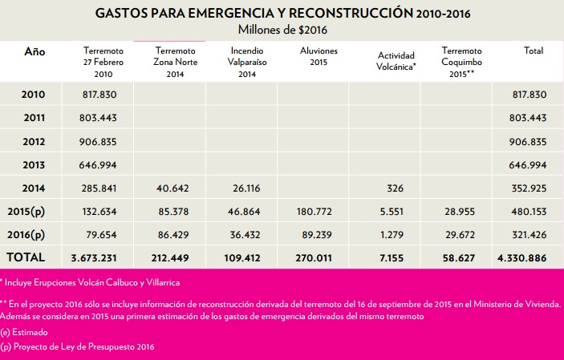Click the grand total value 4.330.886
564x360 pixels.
[522, 258]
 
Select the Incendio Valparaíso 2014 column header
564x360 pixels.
[247, 63]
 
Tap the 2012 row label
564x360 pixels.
[34, 142]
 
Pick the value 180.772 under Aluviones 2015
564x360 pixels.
[314, 212]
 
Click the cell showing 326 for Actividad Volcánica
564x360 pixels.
[395, 188]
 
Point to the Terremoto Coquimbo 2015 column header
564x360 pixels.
[461, 63]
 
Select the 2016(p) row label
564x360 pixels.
[26, 235]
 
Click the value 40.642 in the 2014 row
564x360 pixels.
[172, 188]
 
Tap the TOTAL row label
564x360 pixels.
[26, 257]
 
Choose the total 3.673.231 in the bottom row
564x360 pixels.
[94, 258]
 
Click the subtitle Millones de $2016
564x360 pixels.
[282, 30]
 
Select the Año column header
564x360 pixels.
[34, 51]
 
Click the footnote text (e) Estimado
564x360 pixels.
[24, 332]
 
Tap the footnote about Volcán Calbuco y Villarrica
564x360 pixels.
[90, 283]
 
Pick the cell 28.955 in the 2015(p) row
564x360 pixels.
[460, 212]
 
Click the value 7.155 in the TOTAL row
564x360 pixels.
[392, 258]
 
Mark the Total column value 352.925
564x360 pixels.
[530, 188]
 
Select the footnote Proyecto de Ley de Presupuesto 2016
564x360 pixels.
[77, 346]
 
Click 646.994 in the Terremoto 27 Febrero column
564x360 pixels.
[98, 165]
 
